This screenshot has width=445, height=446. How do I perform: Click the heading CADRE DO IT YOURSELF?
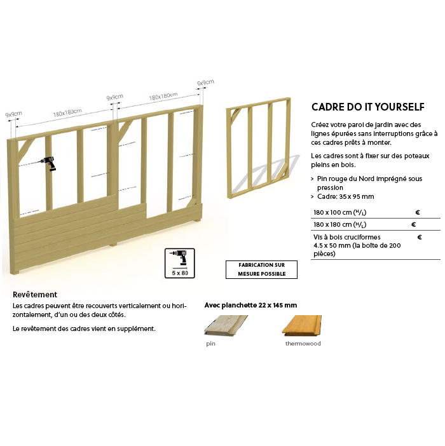(x=368, y=107)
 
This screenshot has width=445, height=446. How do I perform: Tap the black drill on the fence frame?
(x=49, y=163)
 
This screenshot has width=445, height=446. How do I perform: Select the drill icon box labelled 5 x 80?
(x=180, y=263)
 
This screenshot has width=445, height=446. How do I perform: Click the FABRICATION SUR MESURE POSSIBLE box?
(x=261, y=269)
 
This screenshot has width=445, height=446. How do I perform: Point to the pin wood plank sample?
(x=226, y=325)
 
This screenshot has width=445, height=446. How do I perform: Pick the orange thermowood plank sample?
(x=301, y=325)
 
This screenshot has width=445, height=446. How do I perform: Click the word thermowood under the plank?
(x=303, y=344)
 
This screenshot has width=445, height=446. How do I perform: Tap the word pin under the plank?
(x=210, y=344)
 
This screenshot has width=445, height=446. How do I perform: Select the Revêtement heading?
(x=35, y=294)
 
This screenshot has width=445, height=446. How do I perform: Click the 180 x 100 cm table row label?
(x=339, y=212)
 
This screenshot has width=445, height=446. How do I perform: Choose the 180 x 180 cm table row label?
(x=339, y=224)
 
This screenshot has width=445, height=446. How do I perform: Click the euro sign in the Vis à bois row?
(x=420, y=237)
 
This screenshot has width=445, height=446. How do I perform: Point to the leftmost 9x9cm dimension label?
(x=13, y=114)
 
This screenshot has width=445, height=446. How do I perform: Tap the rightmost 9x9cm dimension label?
(x=206, y=83)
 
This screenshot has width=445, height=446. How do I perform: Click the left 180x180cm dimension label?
(x=67, y=112)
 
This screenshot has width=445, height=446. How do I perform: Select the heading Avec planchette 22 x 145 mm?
(x=250, y=305)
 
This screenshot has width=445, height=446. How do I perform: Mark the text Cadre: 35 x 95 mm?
(x=346, y=196)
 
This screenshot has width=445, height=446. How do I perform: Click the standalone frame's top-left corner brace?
(x=236, y=114)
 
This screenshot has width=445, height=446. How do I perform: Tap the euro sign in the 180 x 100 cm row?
(x=418, y=212)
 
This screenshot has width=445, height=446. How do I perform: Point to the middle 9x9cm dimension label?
(x=114, y=97)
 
